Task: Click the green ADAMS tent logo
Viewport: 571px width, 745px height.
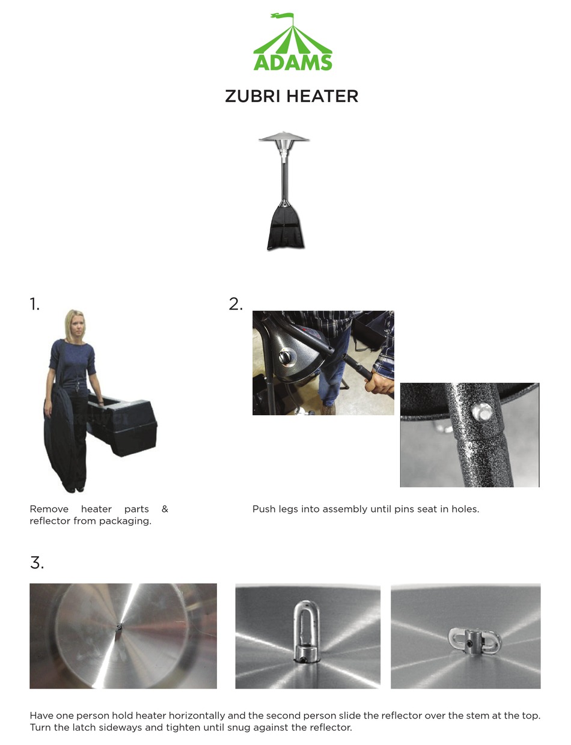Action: (x=293, y=42)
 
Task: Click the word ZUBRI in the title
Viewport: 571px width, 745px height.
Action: (x=252, y=96)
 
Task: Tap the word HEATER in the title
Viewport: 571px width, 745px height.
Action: (x=322, y=96)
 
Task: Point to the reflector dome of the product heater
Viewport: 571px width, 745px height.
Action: (x=284, y=137)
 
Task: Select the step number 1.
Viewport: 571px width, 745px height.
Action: (x=34, y=304)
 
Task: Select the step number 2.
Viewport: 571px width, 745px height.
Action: (x=236, y=304)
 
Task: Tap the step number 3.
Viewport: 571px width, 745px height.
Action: (x=37, y=563)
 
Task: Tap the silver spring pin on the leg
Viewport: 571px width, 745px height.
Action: (x=482, y=412)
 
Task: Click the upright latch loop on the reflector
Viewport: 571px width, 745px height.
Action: (x=307, y=630)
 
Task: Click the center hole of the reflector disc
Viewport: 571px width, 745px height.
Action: (x=119, y=627)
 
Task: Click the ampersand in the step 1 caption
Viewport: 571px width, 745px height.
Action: (x=165, y=509)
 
